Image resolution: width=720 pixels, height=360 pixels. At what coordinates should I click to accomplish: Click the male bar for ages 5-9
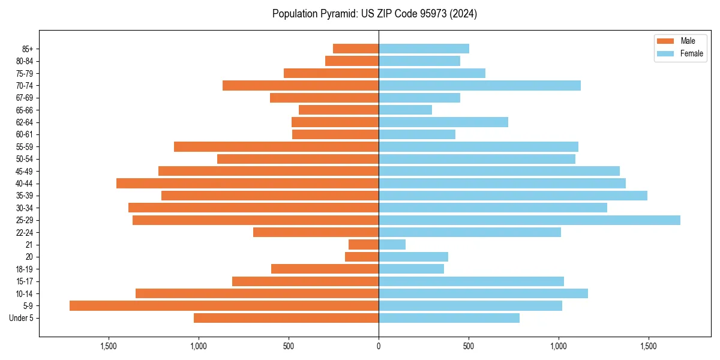(224, 305)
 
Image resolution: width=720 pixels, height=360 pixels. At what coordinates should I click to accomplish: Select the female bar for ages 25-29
(529, 220)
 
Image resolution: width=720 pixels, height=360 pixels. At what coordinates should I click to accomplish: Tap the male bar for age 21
(364, 244)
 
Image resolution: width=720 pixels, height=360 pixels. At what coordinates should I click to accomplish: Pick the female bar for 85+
(424, 49)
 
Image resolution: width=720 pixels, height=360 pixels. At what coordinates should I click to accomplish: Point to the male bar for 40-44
(247, 183)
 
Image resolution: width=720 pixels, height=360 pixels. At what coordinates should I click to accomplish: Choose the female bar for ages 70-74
(479, 85)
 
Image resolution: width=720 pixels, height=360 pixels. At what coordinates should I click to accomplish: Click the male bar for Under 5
(286, 318)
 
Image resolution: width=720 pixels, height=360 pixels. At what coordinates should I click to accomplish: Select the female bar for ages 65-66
(405, 110)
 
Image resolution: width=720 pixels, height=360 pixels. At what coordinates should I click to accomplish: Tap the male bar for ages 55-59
(276, 146)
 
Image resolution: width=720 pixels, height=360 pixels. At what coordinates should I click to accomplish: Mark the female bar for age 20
(413, 257)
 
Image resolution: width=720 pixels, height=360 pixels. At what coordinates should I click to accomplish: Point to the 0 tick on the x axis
(379, 346)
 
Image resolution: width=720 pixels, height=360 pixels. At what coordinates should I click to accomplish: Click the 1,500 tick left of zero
(109, 346)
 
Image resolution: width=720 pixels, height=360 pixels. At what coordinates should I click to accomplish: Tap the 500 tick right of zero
(469, 346)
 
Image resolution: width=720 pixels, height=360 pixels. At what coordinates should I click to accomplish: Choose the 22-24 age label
(25, 232)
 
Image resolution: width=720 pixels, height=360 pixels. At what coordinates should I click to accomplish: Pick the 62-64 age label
(25, 122)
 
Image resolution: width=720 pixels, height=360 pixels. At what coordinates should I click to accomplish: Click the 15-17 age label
(25, 281)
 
